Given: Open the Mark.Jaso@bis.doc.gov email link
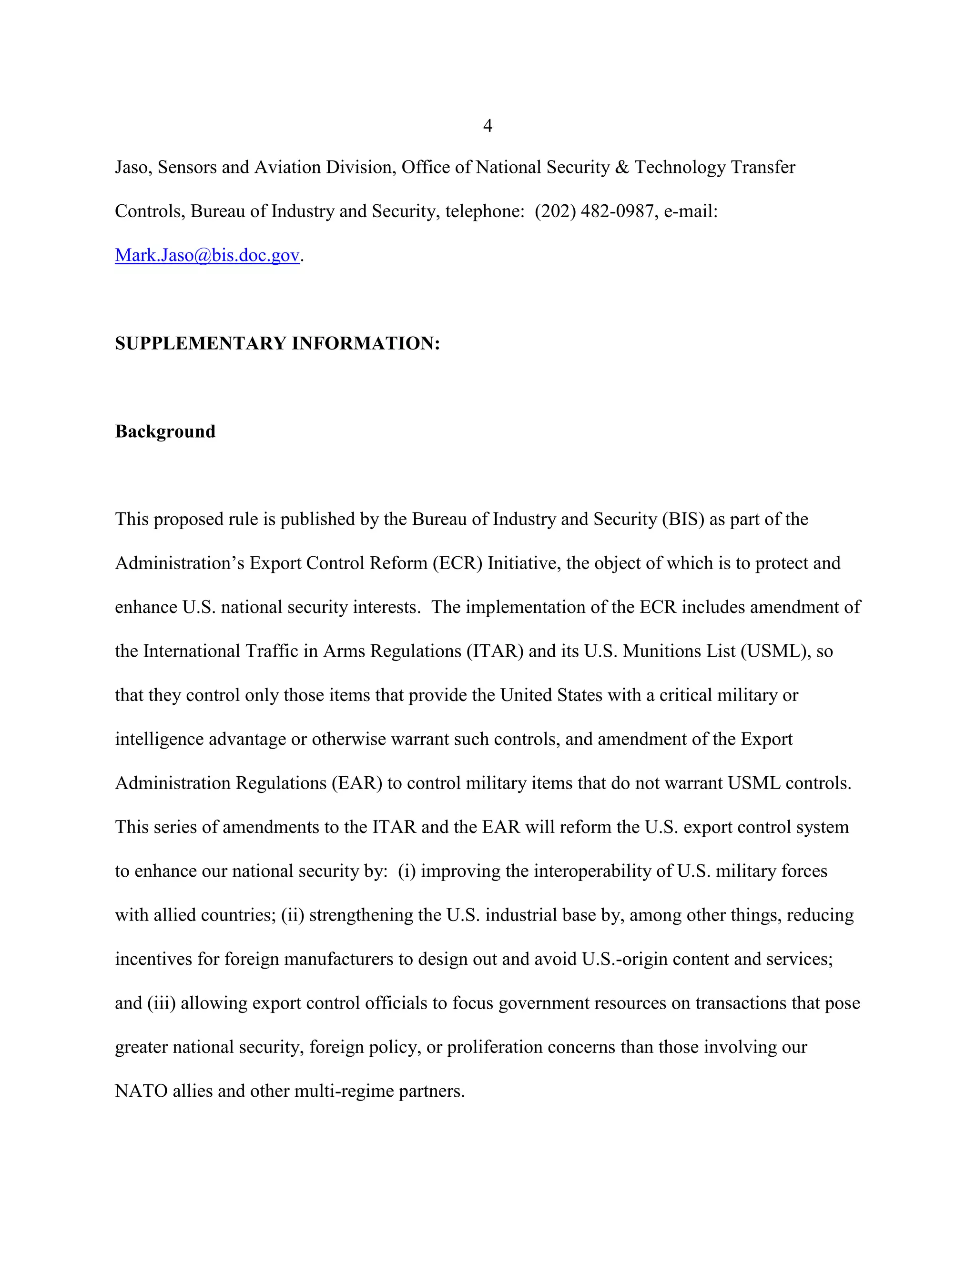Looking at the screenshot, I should (207, 255).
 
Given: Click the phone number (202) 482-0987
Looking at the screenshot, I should (594, 211).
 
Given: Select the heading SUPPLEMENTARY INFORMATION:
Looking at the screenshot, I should (277, 343).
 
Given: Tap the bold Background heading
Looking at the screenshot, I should (165, 431).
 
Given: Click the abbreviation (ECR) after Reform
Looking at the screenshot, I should (457, 563).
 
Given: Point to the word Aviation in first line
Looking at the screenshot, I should (287, 167).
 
